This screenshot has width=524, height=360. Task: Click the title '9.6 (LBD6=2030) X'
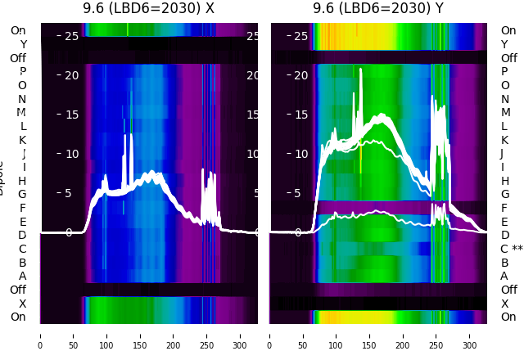point(148,9)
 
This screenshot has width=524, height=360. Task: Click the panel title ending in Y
point(378,9)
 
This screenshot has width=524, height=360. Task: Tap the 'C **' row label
point(512,249)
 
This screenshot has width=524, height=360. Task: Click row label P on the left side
point(23,71)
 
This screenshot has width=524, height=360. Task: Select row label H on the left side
point(23,181)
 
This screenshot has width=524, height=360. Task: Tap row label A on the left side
point(23,276)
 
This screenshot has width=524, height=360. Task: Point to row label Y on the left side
point(23,44)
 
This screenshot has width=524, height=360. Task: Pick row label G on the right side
point(505,194)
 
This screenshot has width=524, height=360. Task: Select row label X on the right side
point(504,304)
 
